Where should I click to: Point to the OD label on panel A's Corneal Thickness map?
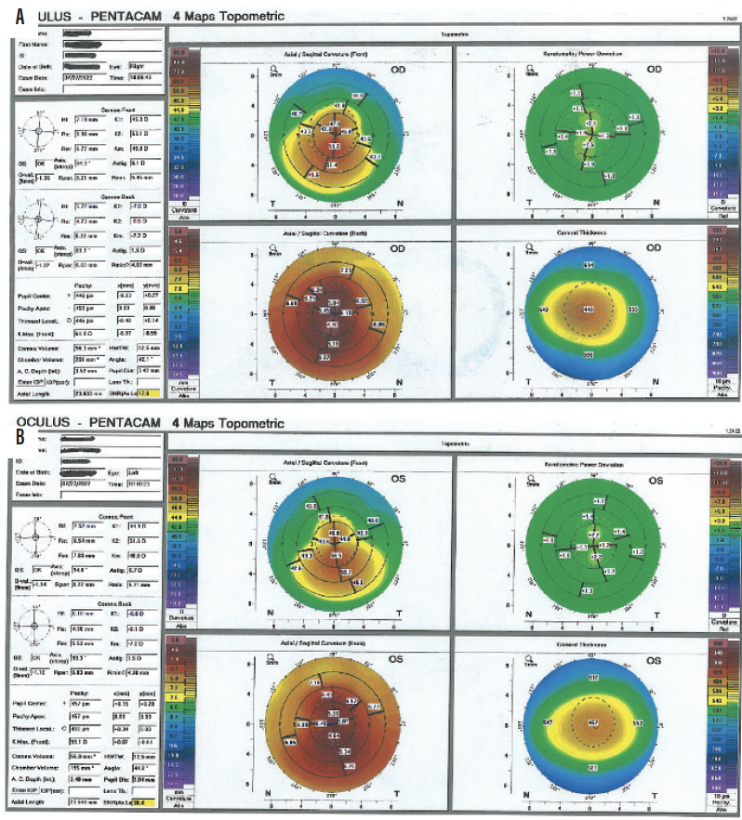[x=656, y=249]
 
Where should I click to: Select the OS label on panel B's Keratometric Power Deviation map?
[x=656, y=481]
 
